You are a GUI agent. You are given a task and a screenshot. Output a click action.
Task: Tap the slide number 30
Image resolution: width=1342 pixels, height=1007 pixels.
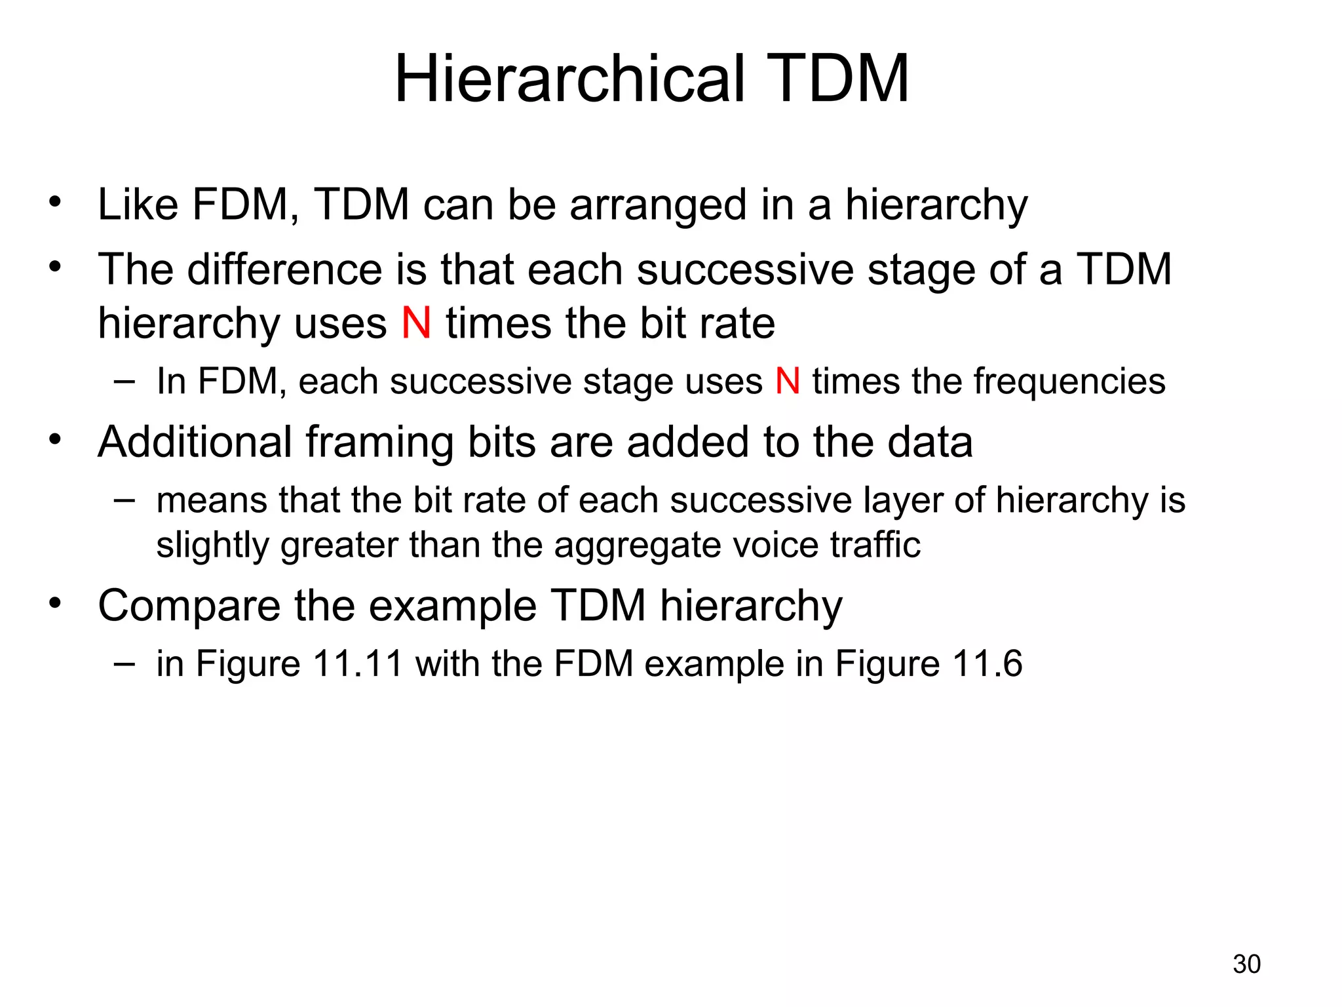coord(1246,964)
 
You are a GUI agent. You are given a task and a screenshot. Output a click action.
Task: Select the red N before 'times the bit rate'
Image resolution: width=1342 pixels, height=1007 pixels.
coord(416,323)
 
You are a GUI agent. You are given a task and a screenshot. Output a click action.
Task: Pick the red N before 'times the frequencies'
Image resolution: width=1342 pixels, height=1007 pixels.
coord(787,381)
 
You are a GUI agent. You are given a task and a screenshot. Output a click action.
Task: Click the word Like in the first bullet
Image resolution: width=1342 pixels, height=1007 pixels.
coord(138,205)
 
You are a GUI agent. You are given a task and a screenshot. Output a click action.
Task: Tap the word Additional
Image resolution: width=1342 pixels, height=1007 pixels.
coord(195,442)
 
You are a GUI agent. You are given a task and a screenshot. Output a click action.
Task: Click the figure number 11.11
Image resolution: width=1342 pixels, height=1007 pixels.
coord(357,663)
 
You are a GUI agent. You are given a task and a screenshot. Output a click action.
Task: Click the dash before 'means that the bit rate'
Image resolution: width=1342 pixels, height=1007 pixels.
coord(124,500)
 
